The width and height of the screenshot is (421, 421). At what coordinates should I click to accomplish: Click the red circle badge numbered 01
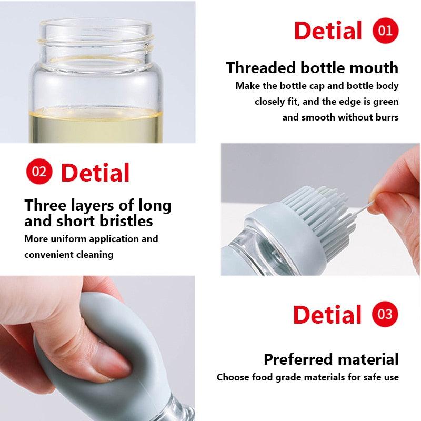point(385,31)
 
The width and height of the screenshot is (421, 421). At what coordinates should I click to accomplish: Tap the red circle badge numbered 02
point(39,172)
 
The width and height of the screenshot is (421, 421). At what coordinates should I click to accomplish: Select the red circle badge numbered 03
point(385,314)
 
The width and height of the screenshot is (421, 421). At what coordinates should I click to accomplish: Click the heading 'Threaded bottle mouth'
point(312,68)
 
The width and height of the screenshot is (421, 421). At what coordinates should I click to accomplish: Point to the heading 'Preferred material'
point(331,359)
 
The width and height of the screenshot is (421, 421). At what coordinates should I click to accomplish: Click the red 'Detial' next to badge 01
point(328,31)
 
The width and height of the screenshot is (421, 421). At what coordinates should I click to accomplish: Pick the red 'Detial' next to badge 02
point(95,172)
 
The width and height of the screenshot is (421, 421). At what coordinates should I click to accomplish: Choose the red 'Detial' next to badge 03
point(327,315)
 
